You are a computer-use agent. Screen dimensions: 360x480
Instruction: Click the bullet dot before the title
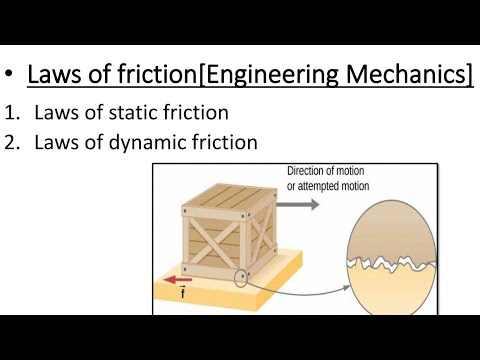11,76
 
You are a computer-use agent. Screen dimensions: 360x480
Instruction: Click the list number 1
12,112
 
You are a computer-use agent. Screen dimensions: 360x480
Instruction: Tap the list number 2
12,142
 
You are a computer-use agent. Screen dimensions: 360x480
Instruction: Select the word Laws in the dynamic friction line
57,142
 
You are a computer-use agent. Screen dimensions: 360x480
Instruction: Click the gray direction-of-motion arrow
299,204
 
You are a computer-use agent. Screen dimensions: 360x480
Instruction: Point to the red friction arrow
179,281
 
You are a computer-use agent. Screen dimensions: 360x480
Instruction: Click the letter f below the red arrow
180,297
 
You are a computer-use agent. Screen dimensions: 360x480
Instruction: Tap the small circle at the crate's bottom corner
239,277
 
